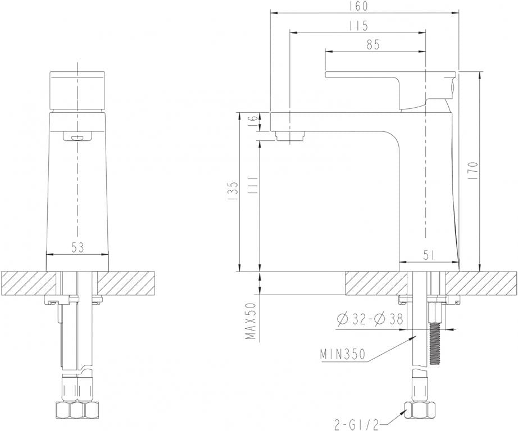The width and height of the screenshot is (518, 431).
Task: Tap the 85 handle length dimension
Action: pyautogui.click(x=372, y=45)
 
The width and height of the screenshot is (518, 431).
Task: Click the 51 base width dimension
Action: pyautogui.click(x=429, y=255)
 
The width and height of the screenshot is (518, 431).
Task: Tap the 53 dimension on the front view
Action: pyautogui.click(x=78, y=247)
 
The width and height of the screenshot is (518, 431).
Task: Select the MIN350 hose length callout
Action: pyautogui.click(x=343, y=355)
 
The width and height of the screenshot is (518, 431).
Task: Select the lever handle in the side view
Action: pyautogui.click(x=388, y=79)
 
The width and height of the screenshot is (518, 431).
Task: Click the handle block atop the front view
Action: pyautogui.click(x=77, y=90)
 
